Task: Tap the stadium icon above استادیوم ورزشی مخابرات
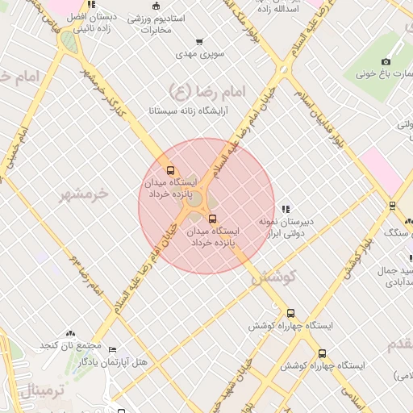click(x=167, y=4)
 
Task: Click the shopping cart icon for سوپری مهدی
click(x=199, y=42)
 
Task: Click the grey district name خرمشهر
click(x=84, y=194)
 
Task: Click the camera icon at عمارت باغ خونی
click(x=386, y=62)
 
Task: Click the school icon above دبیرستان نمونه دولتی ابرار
click(x=286, y=208)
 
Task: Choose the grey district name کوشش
click(x=274, y=277)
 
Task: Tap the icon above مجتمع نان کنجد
click(x=70, y=332)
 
